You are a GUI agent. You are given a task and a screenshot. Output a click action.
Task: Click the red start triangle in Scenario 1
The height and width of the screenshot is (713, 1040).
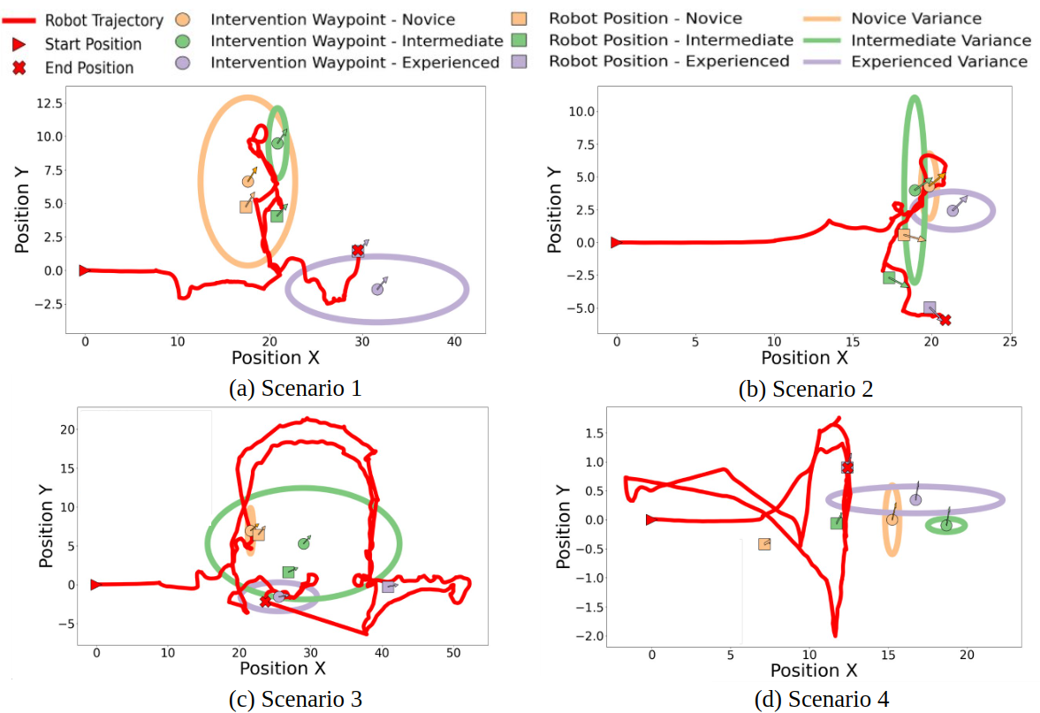tap(84, 270)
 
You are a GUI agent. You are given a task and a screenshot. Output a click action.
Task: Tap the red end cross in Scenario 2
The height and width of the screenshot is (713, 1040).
tap(945, 320)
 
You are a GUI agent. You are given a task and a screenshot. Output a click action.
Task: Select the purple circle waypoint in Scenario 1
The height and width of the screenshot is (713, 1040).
tap(377, 289)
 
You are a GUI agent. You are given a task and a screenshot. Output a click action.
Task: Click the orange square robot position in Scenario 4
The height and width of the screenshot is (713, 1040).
tap(764, 544)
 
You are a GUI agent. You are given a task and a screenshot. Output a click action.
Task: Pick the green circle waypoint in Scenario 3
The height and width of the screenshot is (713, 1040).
tap(304, 543)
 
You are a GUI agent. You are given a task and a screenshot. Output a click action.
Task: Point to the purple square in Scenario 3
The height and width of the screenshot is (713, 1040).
tap(388, 587)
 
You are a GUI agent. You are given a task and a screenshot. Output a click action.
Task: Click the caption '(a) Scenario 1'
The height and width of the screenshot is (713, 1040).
tap(294, 388)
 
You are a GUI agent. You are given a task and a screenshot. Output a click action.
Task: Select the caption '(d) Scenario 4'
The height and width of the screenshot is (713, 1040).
tap(823, 699)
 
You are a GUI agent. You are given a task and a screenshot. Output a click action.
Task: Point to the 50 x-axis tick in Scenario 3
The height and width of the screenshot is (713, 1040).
tap(452, 653)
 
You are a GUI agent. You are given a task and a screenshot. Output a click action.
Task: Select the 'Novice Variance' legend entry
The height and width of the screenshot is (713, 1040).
tap(915, 19)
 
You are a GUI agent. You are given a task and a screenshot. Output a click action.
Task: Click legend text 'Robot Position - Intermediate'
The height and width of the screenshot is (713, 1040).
tap(671, 40)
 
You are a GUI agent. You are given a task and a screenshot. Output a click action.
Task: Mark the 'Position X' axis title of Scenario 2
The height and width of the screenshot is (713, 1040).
tap(804, 358)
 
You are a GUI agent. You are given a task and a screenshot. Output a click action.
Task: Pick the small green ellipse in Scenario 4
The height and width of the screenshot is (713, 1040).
tap(946, 526)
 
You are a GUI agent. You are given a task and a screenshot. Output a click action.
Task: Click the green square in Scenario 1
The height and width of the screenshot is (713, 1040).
tap(277, 216)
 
